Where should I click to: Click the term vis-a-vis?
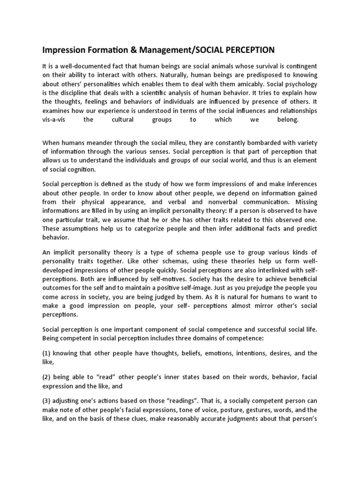click(56, 119)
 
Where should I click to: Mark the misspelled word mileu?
click(178, 143)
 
